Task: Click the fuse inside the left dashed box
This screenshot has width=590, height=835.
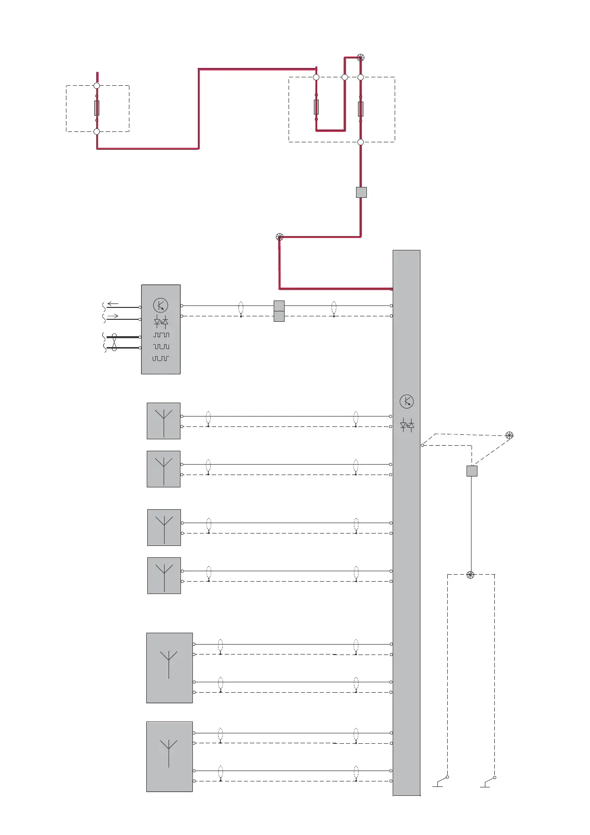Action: pyautogui.click(x=97, y=108)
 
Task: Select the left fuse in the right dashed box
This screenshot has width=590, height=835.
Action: pyautogui.click(x=316, y=107)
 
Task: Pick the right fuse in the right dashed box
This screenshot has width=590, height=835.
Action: pyautogui.click(x=360, y=109)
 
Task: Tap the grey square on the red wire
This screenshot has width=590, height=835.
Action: pyautogui.click(x=361, y=192)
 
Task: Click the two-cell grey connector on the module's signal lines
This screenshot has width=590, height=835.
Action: pyautogui.click(x=279, y=311)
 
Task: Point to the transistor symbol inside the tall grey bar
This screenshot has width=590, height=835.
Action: pyautogui.click(x=407, y=402)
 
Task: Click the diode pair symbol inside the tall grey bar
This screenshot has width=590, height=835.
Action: pyautogui.click(x=407, y=425)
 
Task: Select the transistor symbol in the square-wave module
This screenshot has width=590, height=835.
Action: pyautogui.click(x=161, y=305)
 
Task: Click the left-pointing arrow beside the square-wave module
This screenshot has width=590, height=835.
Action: pyautogui.click(x=113, y=304)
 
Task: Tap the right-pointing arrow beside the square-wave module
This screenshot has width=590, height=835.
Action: pyautogui.click(x=113, y=315)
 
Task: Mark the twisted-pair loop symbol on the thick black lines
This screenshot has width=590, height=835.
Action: pyautogui.click(x=114, y=342)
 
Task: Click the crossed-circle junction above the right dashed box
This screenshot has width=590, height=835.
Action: pyautogui.click(x=360, y=58)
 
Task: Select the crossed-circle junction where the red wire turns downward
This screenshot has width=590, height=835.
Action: pyautogui.click(x=280, y=237)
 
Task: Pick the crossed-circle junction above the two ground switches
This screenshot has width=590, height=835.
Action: pyautogui.click(x=471, y=575)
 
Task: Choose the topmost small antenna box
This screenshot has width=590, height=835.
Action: pyautogui.click(x=164, y=421)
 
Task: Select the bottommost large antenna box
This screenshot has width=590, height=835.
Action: pyautogui.click(x=170, y=757)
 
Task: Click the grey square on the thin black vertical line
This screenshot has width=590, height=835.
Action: pyautogui.click(x=472, y=471)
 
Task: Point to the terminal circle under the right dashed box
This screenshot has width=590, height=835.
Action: pyautogui.click(x=360, y=142)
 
